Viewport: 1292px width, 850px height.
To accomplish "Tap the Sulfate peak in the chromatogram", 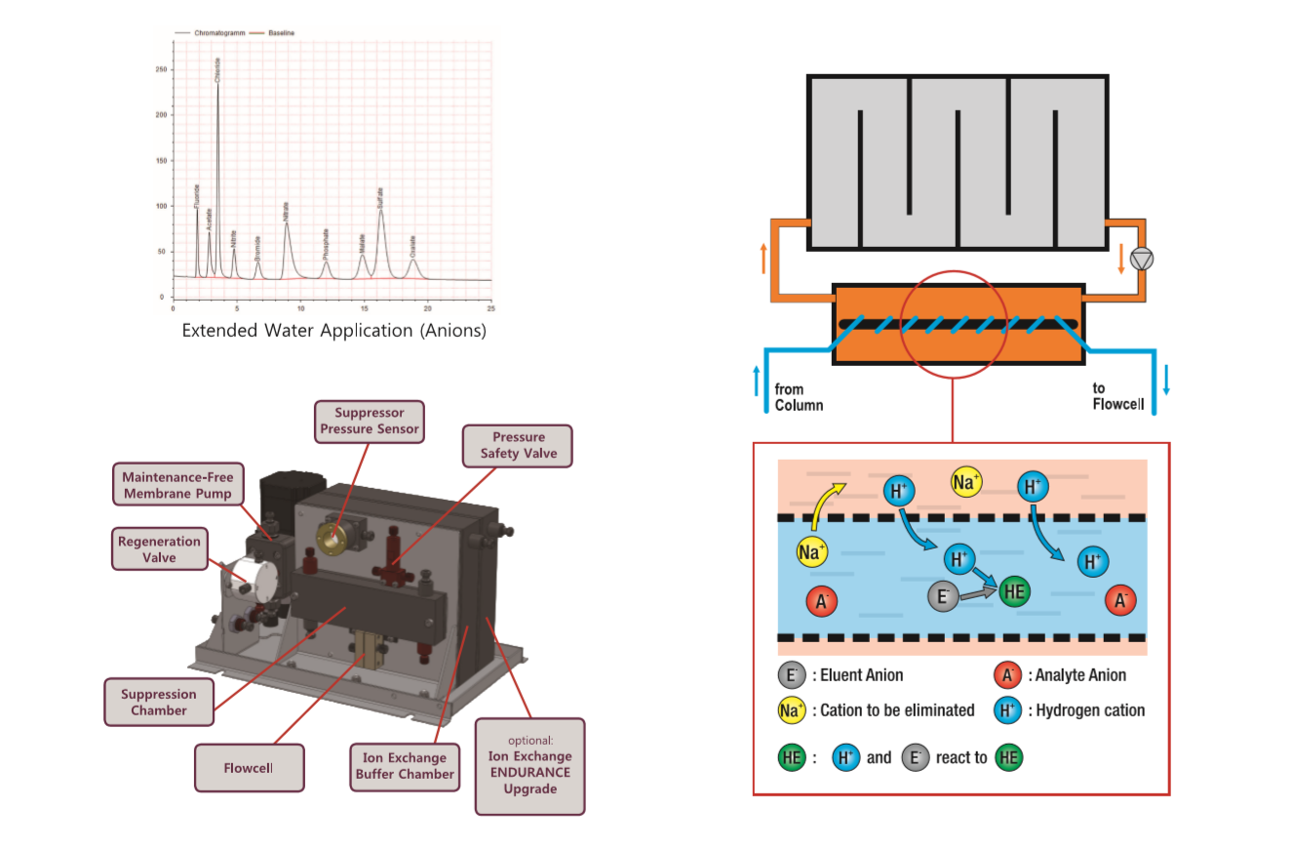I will [x=380, y=210].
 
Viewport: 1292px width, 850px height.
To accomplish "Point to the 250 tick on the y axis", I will [x=160, y=70].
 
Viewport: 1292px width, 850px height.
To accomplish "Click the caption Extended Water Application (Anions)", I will [x=333, y=331].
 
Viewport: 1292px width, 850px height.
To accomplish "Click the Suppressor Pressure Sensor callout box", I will [x=370, y=421].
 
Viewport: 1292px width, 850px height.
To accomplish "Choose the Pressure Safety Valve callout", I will [x=518, y=445].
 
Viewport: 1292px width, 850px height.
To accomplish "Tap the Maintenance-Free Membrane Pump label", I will [x=177, y=486].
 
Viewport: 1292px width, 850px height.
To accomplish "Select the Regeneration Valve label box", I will [x=159, y=549].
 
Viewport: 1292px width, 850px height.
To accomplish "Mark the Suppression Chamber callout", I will [x=159, y=703].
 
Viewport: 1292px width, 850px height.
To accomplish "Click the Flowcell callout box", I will [x=250, y=768].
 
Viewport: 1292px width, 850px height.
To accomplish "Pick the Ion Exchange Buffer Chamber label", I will [x=405, y=766].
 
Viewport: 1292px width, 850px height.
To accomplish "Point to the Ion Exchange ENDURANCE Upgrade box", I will [x=529, y=765].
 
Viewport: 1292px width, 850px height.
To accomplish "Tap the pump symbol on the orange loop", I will [x=1141, y=260].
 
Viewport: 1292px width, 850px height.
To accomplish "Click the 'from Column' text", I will [x=798, y=397].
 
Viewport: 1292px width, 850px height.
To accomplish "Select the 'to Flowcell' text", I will [x=1117, y=397].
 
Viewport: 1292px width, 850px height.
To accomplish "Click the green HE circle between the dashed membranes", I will [x=1014, y=591].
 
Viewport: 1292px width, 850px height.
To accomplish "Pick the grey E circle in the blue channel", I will [x=943, y=597].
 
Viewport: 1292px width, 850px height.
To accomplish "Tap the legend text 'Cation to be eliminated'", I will [x=897, y=710].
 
